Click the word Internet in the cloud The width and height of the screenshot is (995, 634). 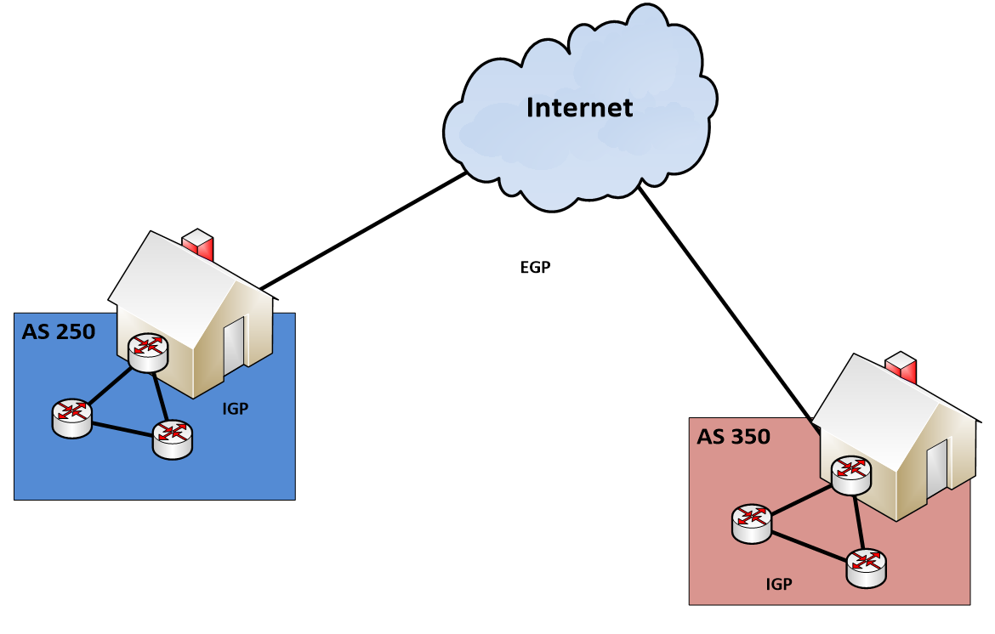tap(579, 107)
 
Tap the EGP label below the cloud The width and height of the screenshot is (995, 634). tap(535, 268)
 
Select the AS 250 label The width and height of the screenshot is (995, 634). tap(58, 331)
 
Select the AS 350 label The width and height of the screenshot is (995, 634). tap(733, 437)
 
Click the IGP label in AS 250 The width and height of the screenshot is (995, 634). tap(235, 409)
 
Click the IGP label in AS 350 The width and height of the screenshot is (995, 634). tap(779, 584)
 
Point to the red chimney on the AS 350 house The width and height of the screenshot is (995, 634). tap(900, 367)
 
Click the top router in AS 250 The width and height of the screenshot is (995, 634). tap(148, 352)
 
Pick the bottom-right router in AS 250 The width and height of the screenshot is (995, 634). tap(173, 439)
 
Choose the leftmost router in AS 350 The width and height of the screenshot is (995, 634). tap(752, 522)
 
